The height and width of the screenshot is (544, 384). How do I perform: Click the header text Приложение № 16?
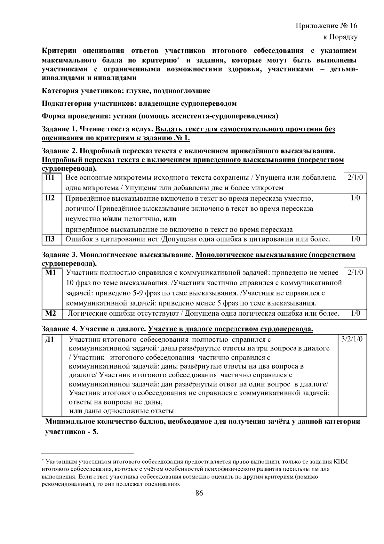(326, 26)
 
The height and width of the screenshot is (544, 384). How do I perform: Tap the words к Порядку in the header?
(340, 37)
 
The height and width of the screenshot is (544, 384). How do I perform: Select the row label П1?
(50, 178)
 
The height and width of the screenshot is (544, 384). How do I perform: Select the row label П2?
(50, 198)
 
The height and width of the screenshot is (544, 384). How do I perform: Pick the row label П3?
(50, 239)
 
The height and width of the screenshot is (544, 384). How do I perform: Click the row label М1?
(51, 273)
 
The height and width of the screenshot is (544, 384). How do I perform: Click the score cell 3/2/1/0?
(352, 339)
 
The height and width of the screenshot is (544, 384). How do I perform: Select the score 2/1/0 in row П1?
(355, 178)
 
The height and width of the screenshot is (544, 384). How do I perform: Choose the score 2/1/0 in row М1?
(355, 273)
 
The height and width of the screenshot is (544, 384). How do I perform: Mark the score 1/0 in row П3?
(355, 239)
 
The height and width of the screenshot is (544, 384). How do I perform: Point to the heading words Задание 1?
(60, 129)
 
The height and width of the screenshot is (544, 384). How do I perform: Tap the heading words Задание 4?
(60, 329)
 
